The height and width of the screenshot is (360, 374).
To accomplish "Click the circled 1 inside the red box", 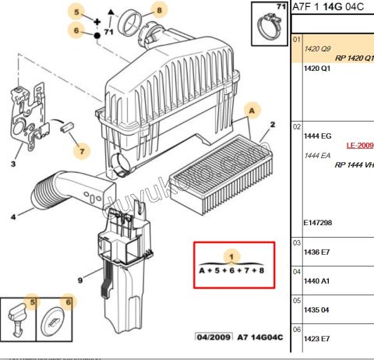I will point(229,255).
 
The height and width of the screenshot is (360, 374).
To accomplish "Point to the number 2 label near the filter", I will point(272,125).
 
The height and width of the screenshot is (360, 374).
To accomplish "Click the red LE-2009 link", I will point(359,145).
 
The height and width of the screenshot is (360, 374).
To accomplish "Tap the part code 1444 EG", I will point(316,136).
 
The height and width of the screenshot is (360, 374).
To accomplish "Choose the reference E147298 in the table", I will point(317,223).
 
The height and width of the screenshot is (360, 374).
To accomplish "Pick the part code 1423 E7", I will point(316,338).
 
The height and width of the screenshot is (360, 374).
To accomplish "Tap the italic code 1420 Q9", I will point(316,48).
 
